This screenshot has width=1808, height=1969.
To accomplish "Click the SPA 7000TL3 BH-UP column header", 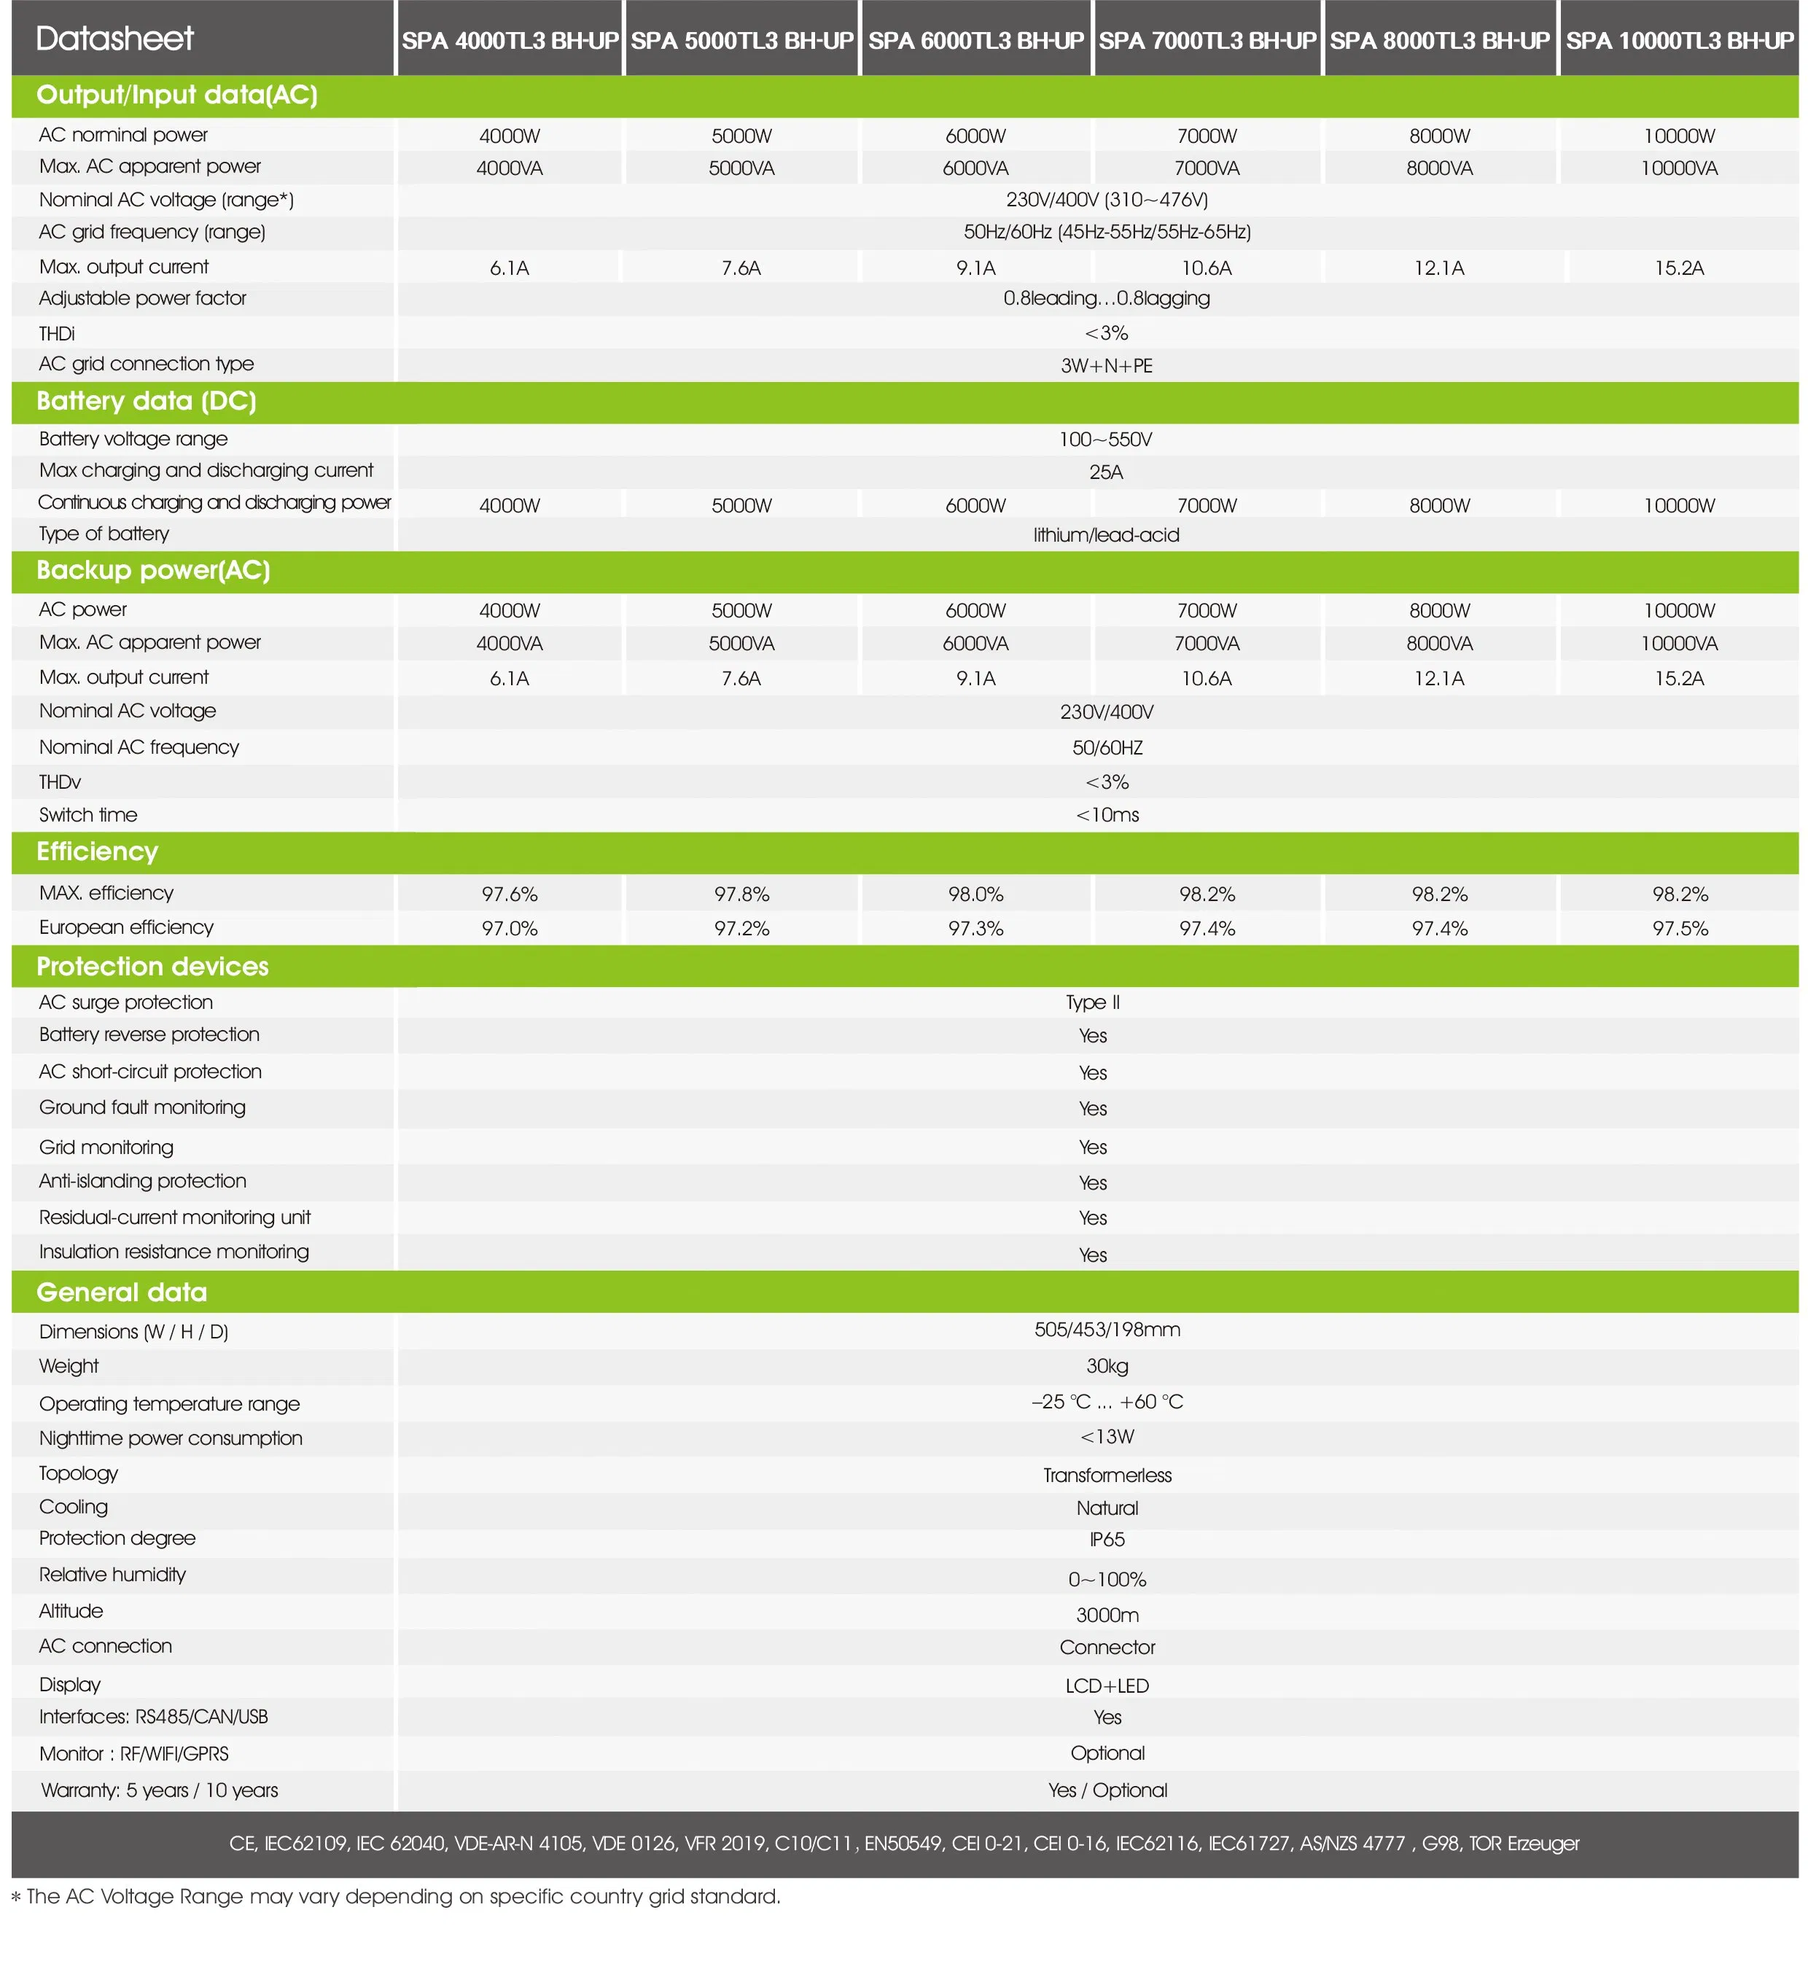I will point(1207,40).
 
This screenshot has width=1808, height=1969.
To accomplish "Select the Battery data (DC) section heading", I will point(146,401).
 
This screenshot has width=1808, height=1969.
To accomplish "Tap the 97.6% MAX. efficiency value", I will point(509,894).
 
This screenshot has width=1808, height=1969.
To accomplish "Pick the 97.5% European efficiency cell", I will point(1679,928).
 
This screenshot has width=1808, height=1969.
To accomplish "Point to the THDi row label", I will point(57,334).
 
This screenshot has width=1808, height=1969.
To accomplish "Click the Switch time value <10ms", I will point(1107,815).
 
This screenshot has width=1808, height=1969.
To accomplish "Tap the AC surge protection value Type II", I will point(1092,1002).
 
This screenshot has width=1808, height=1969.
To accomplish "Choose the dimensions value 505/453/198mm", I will point(1107,1329).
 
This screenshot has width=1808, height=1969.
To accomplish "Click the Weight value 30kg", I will point(1107,1365).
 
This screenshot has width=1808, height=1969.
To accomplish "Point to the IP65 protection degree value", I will point(1107,1539).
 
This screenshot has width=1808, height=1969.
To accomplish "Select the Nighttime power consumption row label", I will point(171,1438).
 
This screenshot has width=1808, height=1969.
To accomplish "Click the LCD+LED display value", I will point(1107,1685).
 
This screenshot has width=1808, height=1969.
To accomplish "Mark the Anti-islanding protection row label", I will point(142,1181).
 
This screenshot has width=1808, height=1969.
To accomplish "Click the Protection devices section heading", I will point(152,967).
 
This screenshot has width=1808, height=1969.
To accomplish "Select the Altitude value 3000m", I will point(1107,1615).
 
